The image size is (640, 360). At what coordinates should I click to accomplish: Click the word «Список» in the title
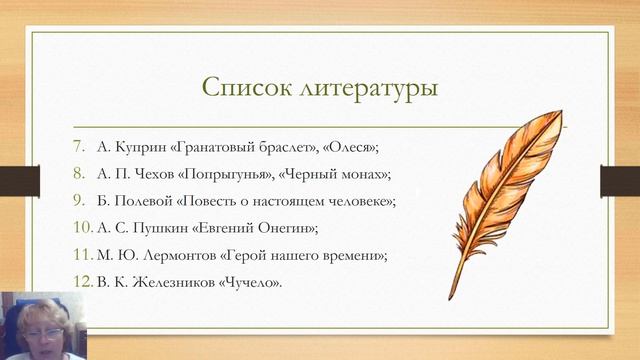point(247,87)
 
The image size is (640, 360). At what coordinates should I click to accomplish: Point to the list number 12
point(82,282)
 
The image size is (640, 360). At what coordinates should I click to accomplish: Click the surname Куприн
point(142,147)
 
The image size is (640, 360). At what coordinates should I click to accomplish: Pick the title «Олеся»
point(354,147)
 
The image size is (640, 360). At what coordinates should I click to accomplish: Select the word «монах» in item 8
point(363,174)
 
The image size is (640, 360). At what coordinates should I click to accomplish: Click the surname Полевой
point(145,201)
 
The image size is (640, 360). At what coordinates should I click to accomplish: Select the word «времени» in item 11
point(350,255)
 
